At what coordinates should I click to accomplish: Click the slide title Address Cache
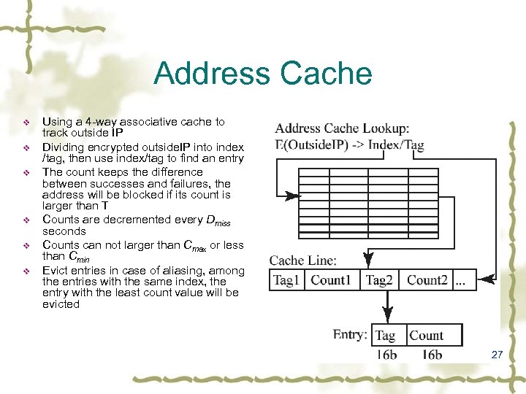click(263, 74)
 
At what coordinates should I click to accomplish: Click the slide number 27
click(498, 355)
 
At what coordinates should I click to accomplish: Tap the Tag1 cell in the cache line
click(286, 280)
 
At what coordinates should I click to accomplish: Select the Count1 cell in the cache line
click(331, 280)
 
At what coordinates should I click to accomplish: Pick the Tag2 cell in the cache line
click(380, 280)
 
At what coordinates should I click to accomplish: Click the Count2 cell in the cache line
click(427, 280)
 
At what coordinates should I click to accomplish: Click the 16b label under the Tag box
click(387, 355)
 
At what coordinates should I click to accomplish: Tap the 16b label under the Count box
click(432, 355)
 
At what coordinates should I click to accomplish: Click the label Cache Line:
click(303, 260)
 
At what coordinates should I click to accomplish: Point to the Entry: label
click(350, 334)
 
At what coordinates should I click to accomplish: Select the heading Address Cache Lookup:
click(343, 128)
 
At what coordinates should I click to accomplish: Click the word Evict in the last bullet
click(56, 270)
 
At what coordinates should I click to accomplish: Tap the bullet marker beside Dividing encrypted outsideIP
click(27, 148)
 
